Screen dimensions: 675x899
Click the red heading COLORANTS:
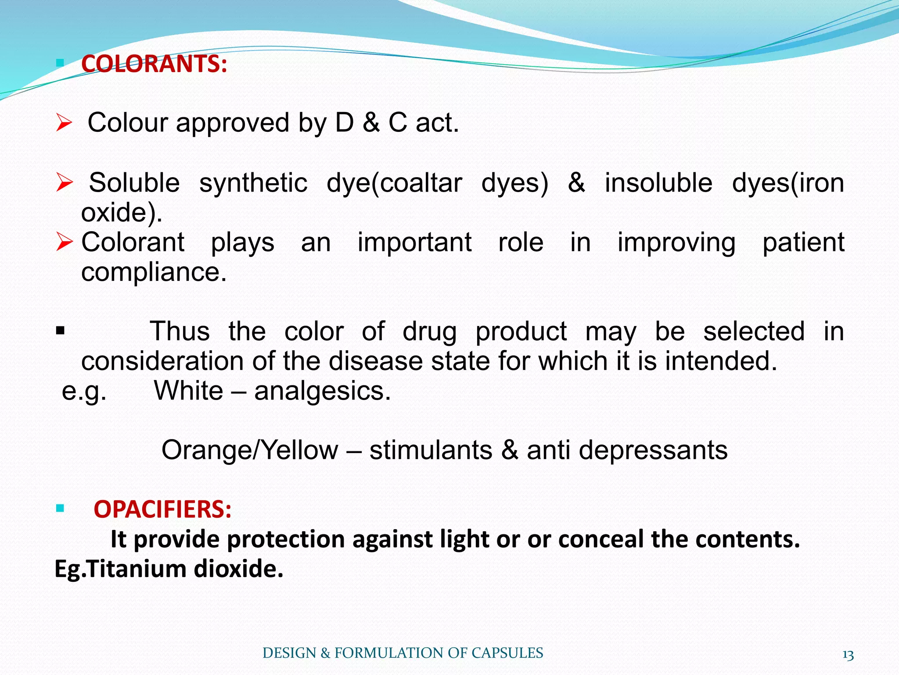pos(154,64)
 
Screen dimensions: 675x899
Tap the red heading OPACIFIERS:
pos(162,509)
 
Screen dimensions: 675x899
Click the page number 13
pos(848,655)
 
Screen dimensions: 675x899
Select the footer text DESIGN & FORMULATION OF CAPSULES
pos(403,653)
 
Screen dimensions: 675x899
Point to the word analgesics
pos(322,391)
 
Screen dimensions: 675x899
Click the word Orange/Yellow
pos(250,450)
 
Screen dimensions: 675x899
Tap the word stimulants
pos(431,450)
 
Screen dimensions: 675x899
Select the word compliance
pos(154,272)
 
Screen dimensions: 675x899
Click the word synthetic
pos(253,183)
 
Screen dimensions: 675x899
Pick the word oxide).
pos(122,212)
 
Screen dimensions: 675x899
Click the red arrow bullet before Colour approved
pos(64,123)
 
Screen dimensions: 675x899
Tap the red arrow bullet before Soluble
pos(65,183)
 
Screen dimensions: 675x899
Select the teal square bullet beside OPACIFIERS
pos(60,509)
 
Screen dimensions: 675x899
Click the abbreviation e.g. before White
pos(84,391)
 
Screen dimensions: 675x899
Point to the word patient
pos(803,243)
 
